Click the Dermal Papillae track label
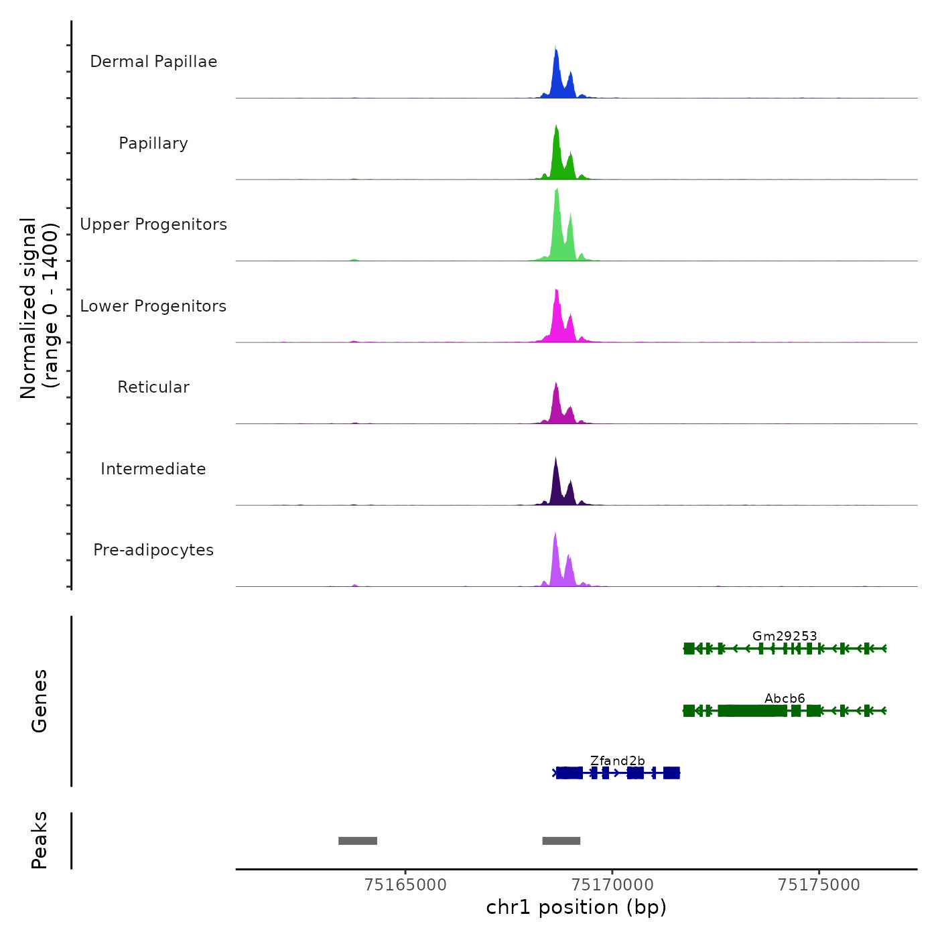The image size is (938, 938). pyautogui.click(x=153, y=62)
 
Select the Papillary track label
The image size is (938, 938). pyautogui.click(x=153, y=143)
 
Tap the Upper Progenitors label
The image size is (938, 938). pyautogui.click(x=153, y=224)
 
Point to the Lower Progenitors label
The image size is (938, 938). pyautogui.click(x=153, y=306)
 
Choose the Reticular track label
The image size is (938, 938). pyautogui.click(x=153, y=387)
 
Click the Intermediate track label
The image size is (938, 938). pyautogui.click(x=153, y=469)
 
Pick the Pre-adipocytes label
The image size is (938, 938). pyautogui.click(x=153, y=550)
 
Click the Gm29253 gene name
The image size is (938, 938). pyautogui.click(x=785, y=636)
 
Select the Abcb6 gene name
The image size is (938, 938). pyautogui.click(x=785, y=698)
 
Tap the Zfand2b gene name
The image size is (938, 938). pyautogui.click(x=617, y=760)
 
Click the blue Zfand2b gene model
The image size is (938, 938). pyautogui.click(x=617, y=773)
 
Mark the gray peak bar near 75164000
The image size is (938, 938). pyautogui.click(x=358, y=841)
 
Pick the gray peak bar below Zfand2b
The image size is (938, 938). pyautogui.click(x=561, y=841)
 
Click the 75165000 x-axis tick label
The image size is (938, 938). pyautogui.click(x=405, y=884)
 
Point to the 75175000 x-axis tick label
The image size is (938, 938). pyautogui.click(x=819, y=884)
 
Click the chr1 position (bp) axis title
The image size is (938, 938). pyautogui.click(x=576, y=907)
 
